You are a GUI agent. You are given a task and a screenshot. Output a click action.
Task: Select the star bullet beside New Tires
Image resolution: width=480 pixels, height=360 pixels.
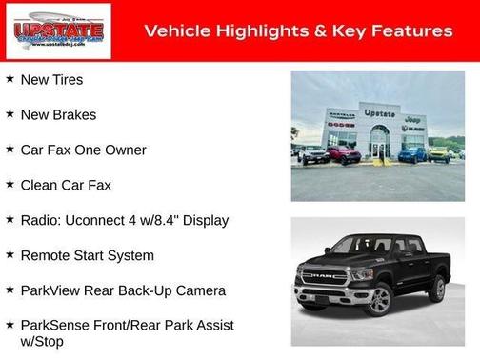(10, 79)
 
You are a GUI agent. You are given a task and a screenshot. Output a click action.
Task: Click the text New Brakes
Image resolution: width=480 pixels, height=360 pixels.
(58, 114)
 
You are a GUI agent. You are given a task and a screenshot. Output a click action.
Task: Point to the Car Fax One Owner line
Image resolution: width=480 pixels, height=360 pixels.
(83, 150)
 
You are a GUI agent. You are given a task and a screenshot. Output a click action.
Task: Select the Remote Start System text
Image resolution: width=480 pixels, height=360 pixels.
(87, 255)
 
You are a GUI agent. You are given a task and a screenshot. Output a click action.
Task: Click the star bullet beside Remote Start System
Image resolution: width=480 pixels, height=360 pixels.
(10, 254)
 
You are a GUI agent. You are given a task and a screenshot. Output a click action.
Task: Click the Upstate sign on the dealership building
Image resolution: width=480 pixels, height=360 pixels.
(379, 112)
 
